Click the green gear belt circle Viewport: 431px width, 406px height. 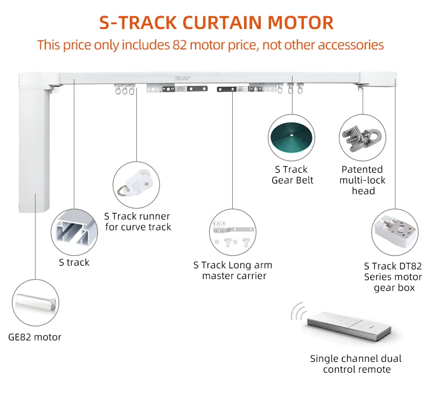[x=292, y=138]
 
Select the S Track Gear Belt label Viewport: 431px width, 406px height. [x=293, y=175]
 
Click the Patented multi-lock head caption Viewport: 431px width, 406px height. [x=363, y=180]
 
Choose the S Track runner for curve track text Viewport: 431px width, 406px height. [x=138, y=222]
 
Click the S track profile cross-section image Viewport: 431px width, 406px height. [x=74, y=232]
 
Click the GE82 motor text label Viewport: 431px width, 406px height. [x=35, y=338]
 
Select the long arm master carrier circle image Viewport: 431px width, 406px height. [x=233, y=232]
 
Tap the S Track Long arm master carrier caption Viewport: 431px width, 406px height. [x=233, y=270]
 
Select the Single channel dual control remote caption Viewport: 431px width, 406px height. [x=356, y=364]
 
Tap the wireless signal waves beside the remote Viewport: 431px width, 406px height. [x=296, y=312]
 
